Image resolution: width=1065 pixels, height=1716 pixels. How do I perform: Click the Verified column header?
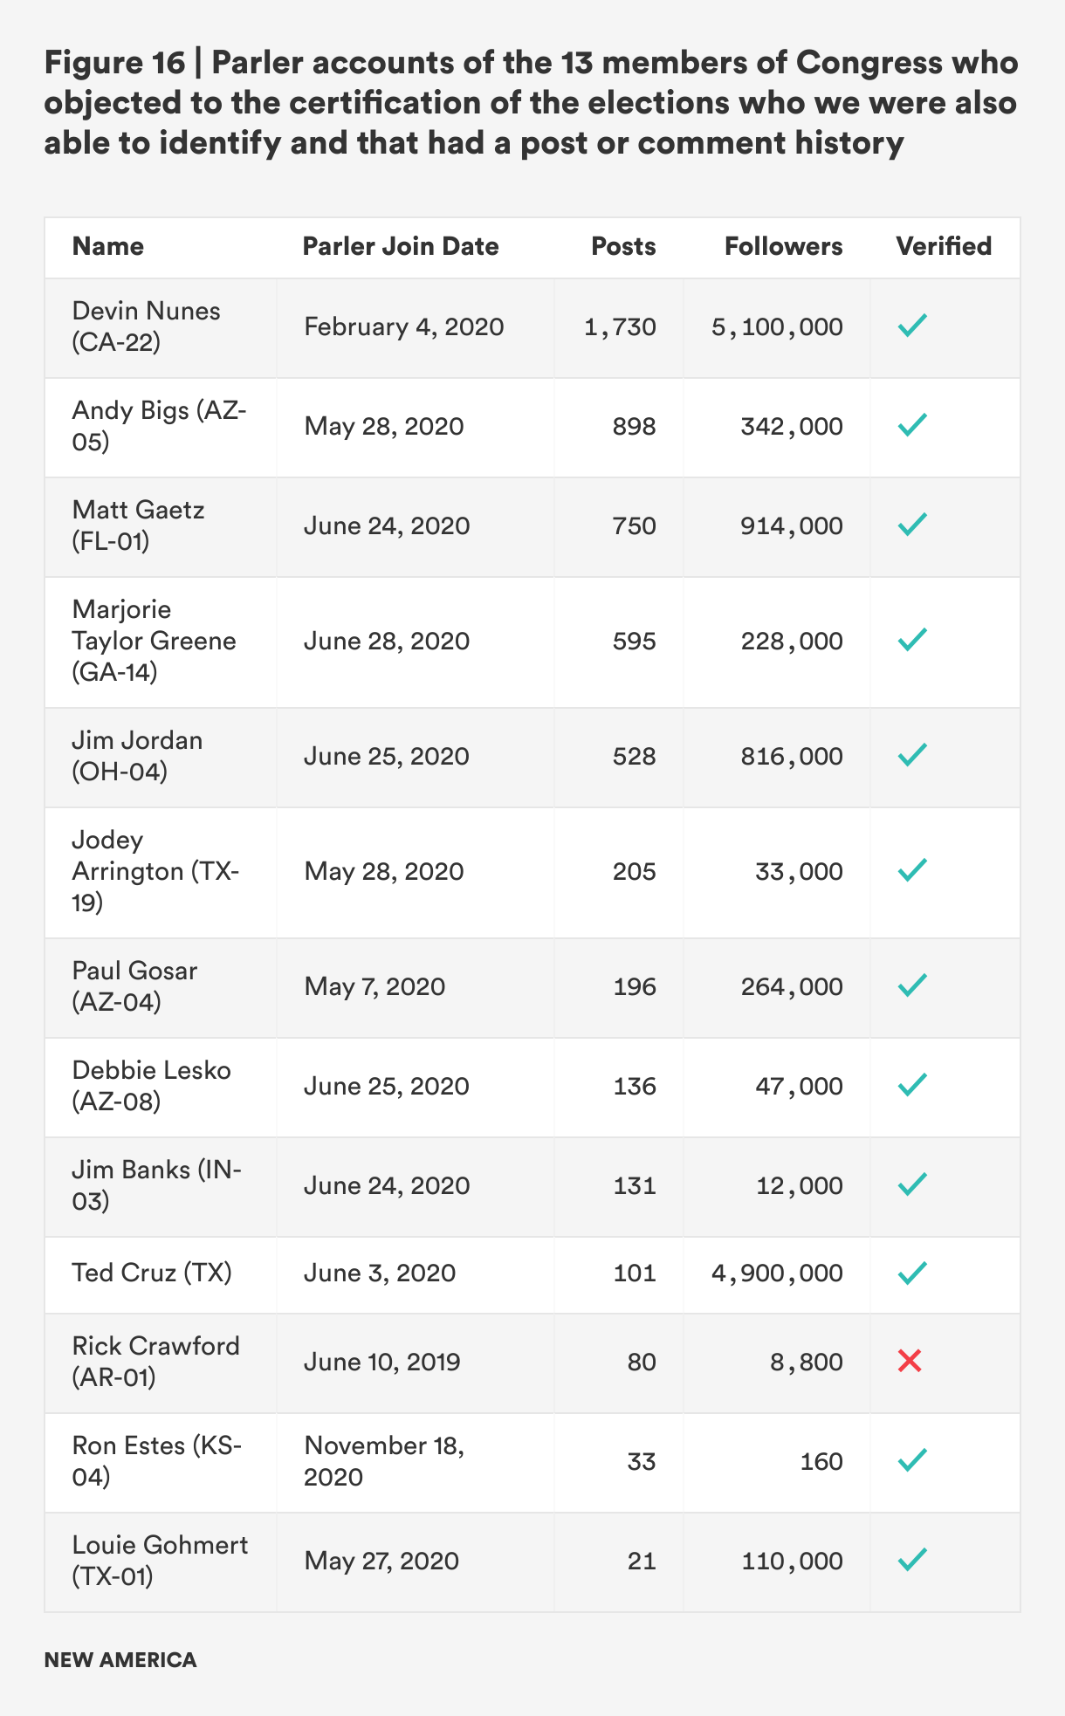pyautogui.click(x=944, y=247)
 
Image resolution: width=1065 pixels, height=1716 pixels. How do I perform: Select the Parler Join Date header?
pyautogui.click(x=401, y=247)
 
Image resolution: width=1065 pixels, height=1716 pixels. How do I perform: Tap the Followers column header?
pyautogui.click(x=783, y=247)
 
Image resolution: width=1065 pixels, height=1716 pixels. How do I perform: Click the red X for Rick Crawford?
pyautogui.click(x=910, y=1361)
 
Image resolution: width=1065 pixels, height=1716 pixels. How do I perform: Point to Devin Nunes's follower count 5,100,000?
pyautogui.click(x=777, y=327)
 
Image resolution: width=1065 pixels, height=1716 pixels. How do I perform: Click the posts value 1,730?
pyautogui.click(x=620, y=327)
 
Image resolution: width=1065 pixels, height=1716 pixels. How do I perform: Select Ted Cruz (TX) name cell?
pyautogui.click(x=152, y=1273)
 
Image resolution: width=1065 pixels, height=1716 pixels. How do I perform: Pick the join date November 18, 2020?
pyautogui.click(x=384, y=1461)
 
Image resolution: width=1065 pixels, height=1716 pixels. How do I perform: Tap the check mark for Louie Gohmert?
pyautogui.click(x=911, y=1560)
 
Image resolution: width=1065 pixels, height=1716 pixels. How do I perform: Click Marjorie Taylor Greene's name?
pyautogui.click(x=154, y=641)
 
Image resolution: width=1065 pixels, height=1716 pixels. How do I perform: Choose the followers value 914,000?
pyautogui.click(x=792, y=526)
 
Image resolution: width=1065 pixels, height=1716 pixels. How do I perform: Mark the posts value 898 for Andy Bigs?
pyautogui.click(x=634, y=427)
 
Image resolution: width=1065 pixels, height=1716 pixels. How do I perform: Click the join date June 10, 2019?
pyautogui.click(x=381, y=1362)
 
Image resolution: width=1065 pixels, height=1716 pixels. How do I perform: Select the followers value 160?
pyautogui.click(x=821, y=1461)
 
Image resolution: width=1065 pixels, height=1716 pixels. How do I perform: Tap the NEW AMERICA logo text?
pyautogui.click(x=120, y=1660)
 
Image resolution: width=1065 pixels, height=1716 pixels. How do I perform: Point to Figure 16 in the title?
pyautogui.click(x=114, y=63)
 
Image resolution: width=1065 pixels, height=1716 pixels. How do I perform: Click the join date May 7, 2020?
pyautogui.click(x=374, y=987)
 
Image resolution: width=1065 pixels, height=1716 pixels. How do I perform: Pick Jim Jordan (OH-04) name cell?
pyautogui.click(x=137, y=756)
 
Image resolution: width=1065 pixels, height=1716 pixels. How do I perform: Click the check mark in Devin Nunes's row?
pyautogui.click(x=911, y=327)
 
